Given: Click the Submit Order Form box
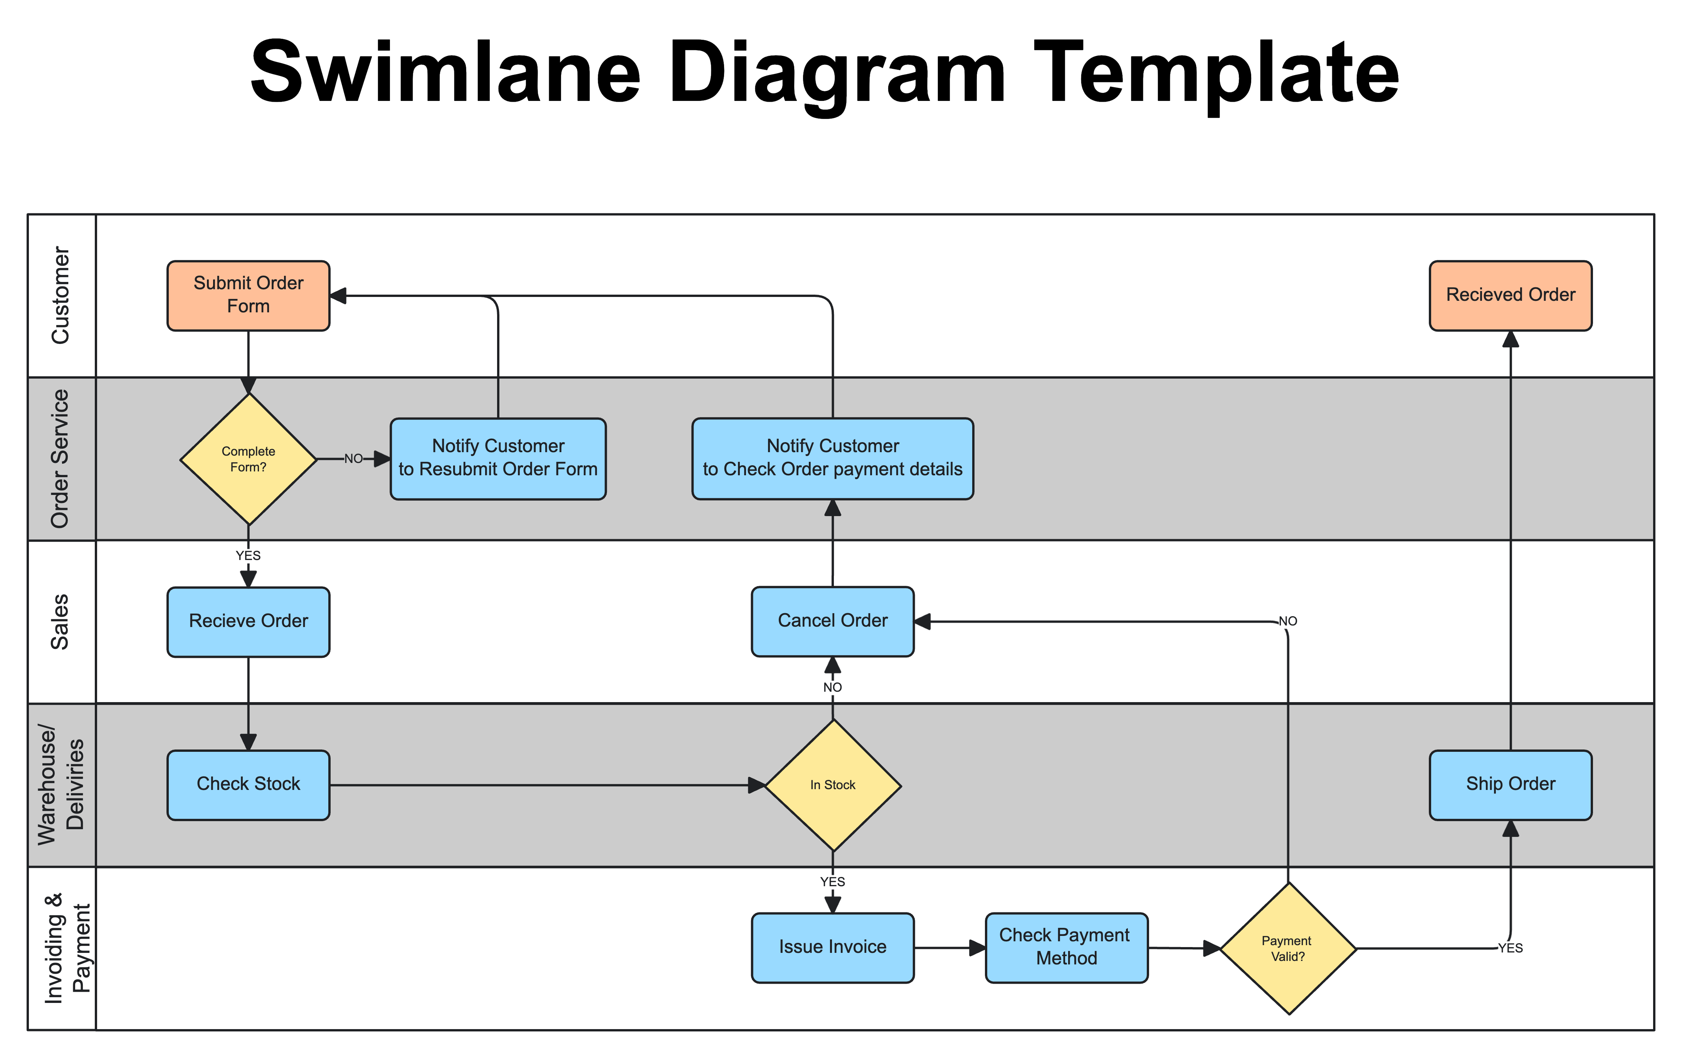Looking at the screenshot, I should (248, 295).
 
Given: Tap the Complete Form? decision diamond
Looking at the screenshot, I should (248, 459).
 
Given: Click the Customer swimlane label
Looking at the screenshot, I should (61, 295).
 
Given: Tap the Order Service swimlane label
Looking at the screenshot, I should (61, 459).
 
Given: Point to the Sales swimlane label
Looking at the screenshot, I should (61, 622).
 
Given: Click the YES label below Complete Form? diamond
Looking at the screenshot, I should (248, 556).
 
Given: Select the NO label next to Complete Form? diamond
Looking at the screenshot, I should (353, 459).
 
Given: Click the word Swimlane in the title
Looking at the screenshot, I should (445, 72).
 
